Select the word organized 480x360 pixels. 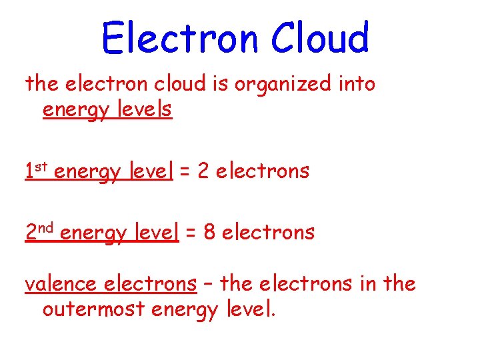coord(295,85)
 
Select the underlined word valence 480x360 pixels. coord(61,285)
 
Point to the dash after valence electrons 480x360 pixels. coord(208,285)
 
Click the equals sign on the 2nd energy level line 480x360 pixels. coord(191,233)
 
